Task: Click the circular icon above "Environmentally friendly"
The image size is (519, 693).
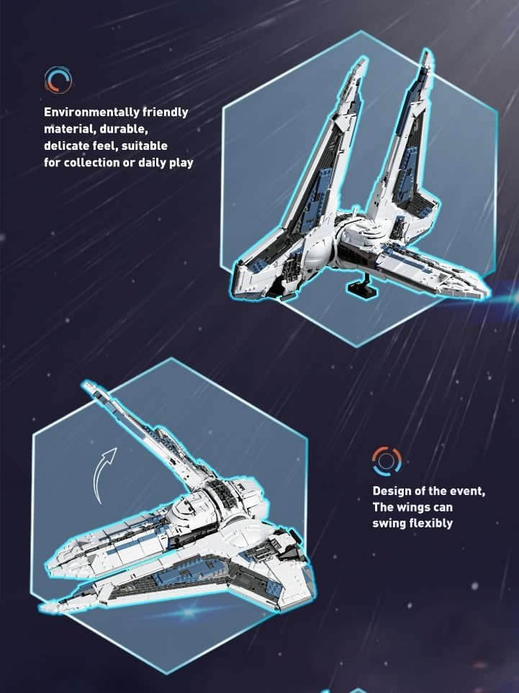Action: click(58, 79)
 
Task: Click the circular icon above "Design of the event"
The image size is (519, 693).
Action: click(387, 460)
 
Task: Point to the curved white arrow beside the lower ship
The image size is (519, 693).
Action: click(104, 473)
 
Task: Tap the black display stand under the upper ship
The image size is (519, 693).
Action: click(360, 290)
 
